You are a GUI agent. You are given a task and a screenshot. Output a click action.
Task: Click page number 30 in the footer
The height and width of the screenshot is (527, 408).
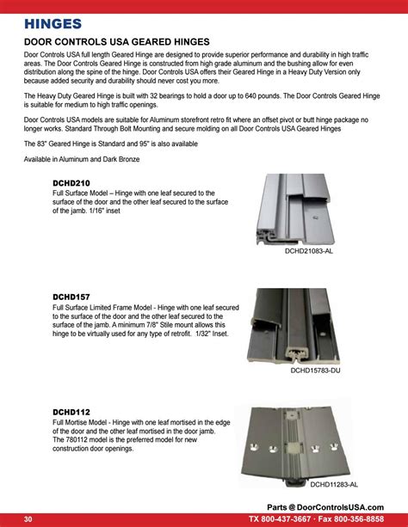coord(28,519)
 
